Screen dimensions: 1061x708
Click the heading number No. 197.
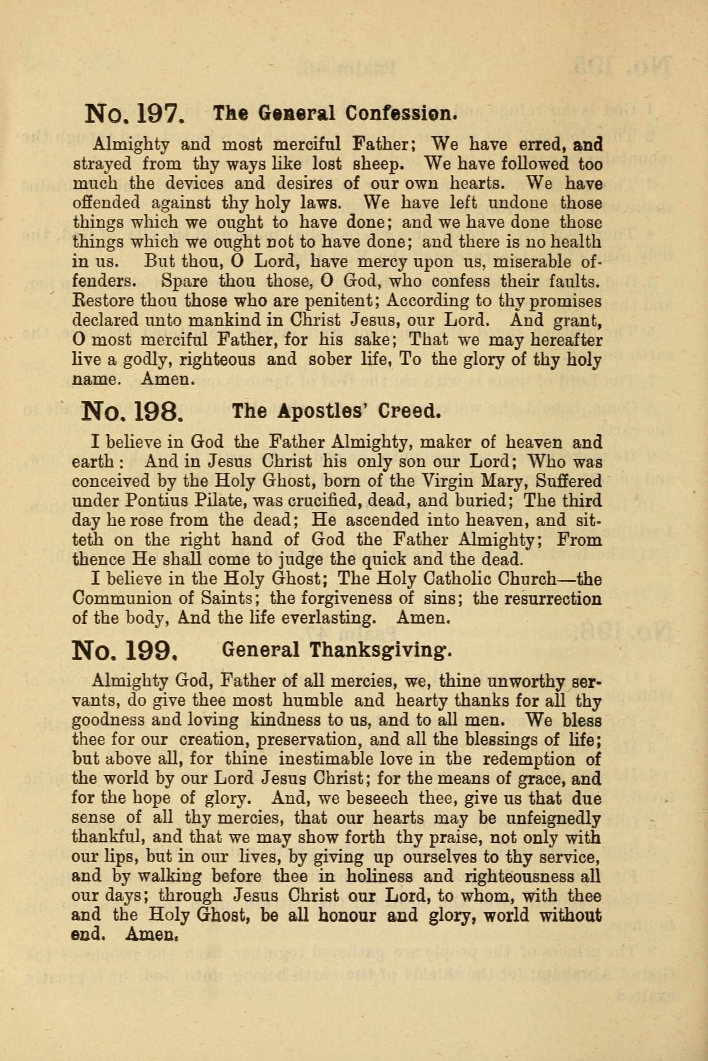(x=134, y=114)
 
